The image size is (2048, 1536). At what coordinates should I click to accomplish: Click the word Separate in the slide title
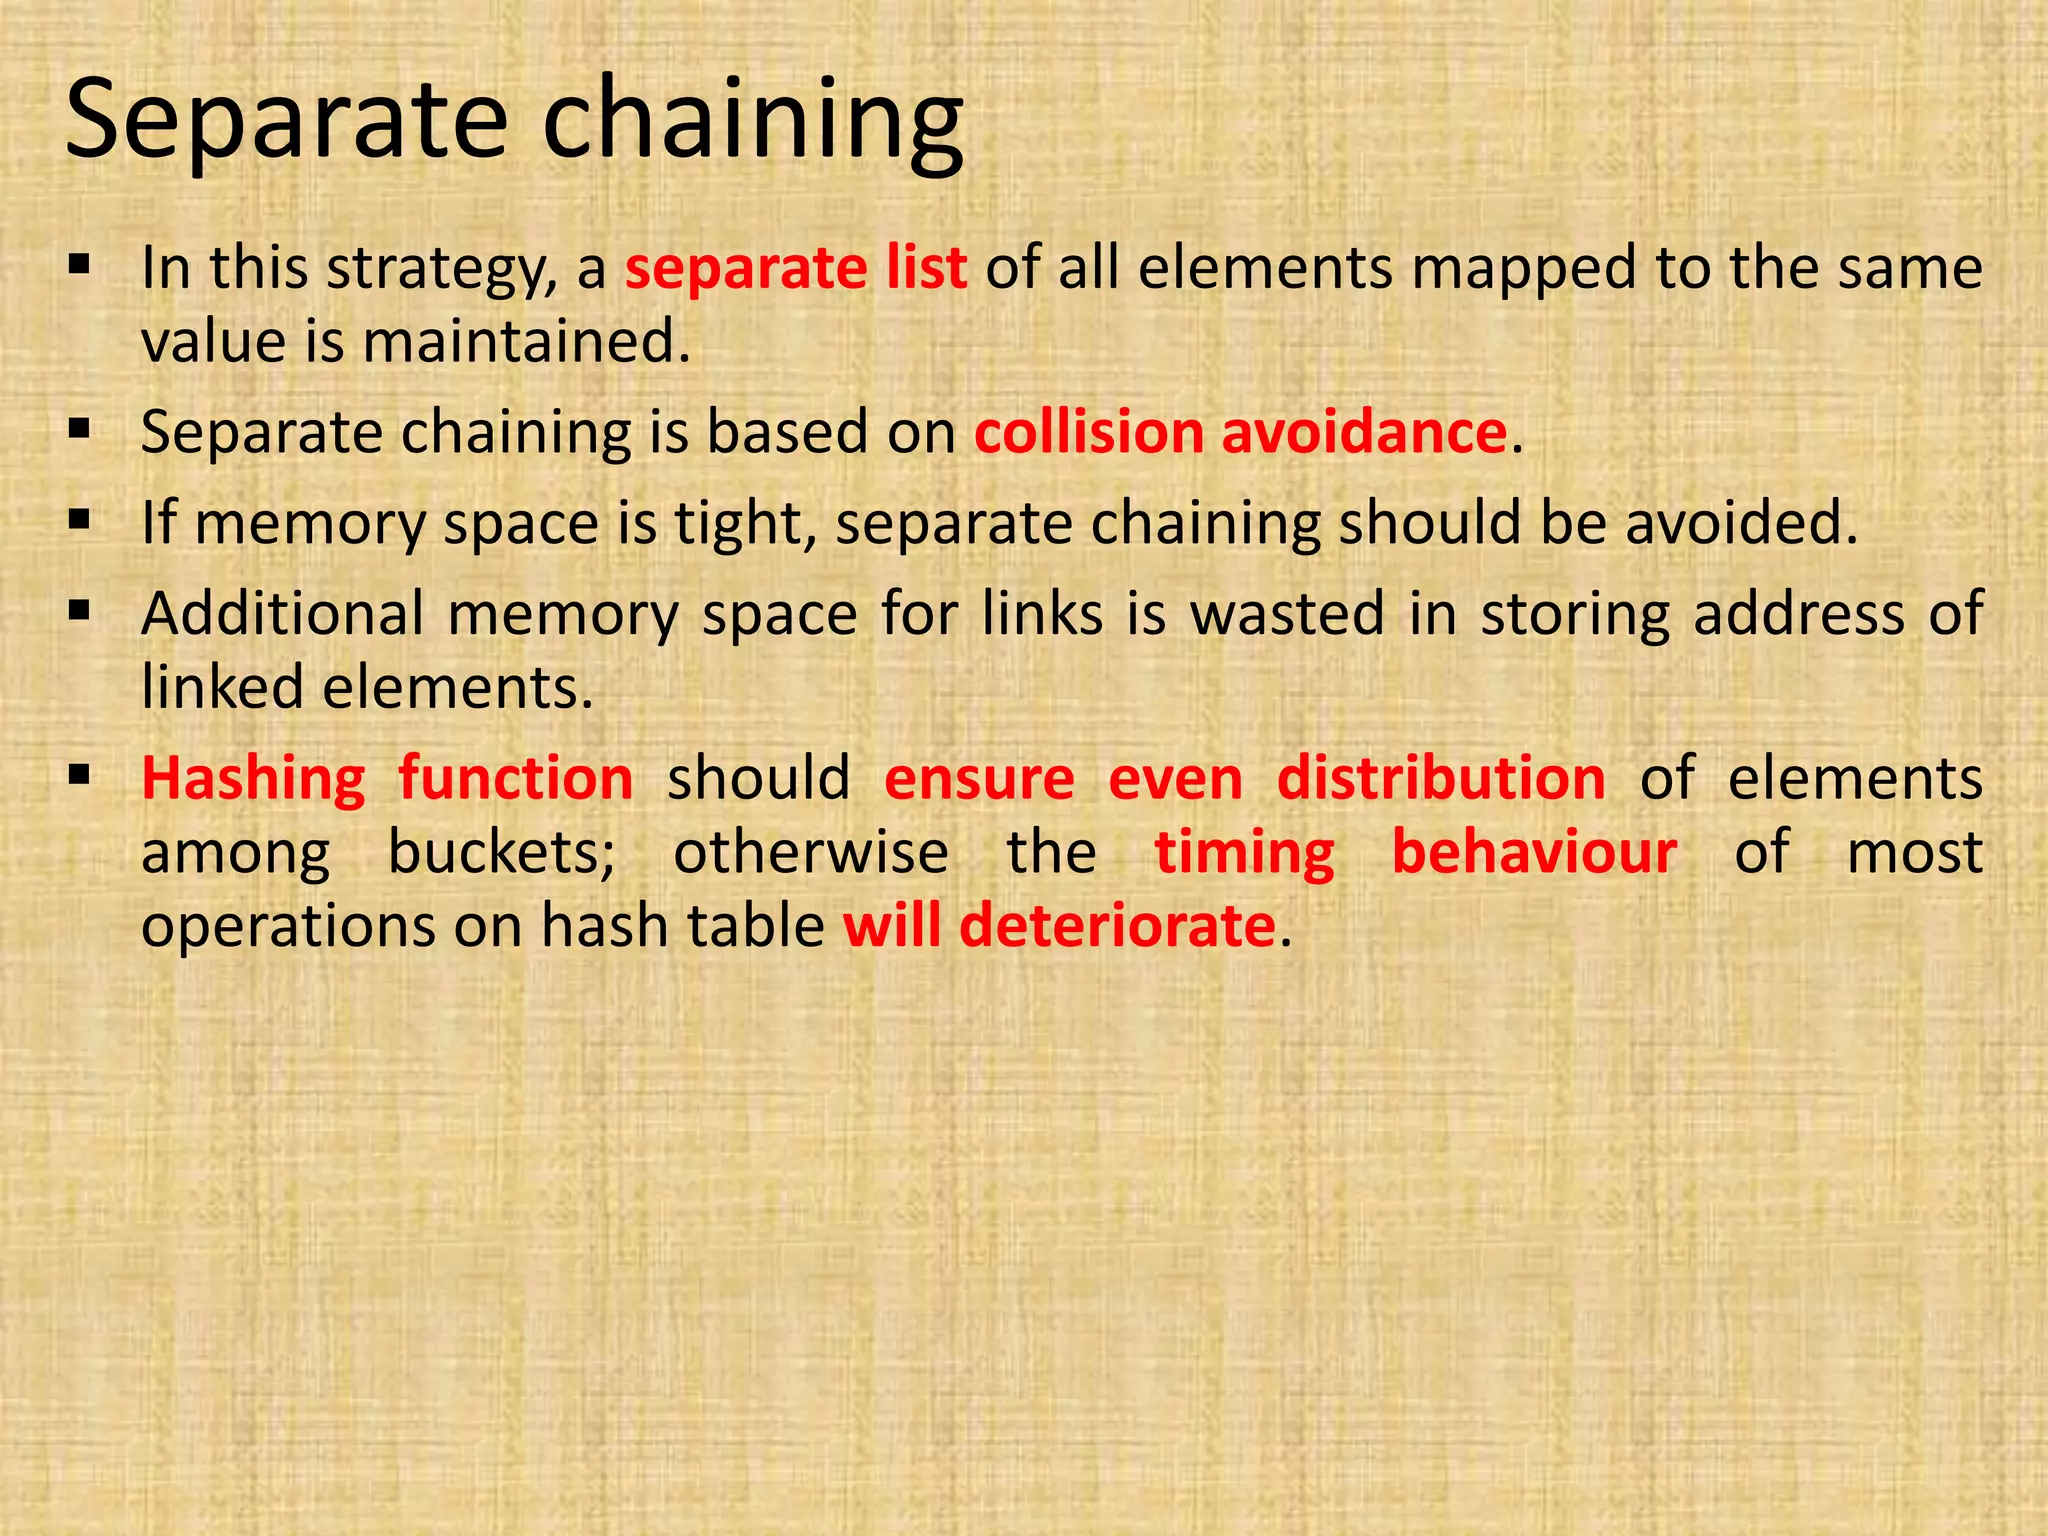tap(287, 122)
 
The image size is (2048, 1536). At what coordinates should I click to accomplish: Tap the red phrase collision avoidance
tap(1240, 433)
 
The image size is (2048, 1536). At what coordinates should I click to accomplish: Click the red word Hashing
tap(253, 779)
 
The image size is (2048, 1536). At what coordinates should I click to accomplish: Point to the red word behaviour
tap(1534, 853)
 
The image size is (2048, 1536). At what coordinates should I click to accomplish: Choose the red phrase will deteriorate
tap(1059, 926)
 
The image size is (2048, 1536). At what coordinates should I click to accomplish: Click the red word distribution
tap(1441, 779)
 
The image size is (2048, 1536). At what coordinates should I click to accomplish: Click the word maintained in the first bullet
tap(526, 342)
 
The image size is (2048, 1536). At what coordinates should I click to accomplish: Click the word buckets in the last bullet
tap(501, 853)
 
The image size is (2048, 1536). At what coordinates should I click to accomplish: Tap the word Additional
tap(283, 614)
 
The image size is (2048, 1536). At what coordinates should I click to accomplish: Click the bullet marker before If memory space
tap(81, 520)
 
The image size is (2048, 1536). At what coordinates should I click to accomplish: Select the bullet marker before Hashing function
tap(81, 775)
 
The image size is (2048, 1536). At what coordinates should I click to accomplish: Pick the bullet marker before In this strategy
tap(81, 266)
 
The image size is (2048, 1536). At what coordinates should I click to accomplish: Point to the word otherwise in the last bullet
tap(810, 853)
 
